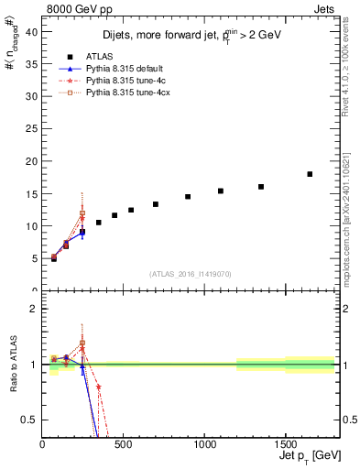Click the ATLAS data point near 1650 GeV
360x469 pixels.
(x=310, y=174)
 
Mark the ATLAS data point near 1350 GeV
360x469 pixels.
(x=261, y=187)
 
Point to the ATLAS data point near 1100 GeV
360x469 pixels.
(x=221, y=191)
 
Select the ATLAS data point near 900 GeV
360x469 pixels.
(x=188, y=196)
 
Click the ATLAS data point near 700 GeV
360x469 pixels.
(x=156, y=204)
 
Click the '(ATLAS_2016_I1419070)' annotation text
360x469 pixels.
(x=190, y=273)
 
